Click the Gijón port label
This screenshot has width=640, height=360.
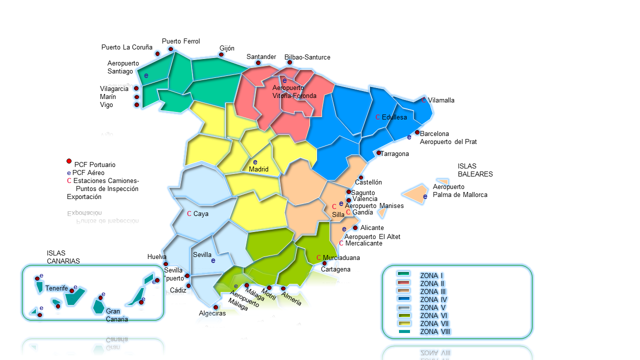226,48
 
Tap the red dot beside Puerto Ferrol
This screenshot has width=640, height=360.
171,49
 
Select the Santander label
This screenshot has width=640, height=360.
261,57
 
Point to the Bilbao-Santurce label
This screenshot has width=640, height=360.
307,57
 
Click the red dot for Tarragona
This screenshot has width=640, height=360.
379,153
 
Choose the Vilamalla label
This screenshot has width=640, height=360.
441,100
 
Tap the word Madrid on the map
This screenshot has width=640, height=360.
258,169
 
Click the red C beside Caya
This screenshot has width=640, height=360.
189,214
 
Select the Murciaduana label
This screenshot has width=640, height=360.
341,258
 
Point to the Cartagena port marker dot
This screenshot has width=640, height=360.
324,263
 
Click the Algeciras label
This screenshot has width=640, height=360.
212,313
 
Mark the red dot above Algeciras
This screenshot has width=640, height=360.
216,307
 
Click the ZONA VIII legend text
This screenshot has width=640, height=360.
435,331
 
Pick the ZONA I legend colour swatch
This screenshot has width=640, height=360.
403,274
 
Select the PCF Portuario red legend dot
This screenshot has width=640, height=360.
69,161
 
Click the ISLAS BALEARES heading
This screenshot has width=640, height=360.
475,170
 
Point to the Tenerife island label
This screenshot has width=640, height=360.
56,288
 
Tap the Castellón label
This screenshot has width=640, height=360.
368,182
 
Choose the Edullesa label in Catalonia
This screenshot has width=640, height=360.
394,117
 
